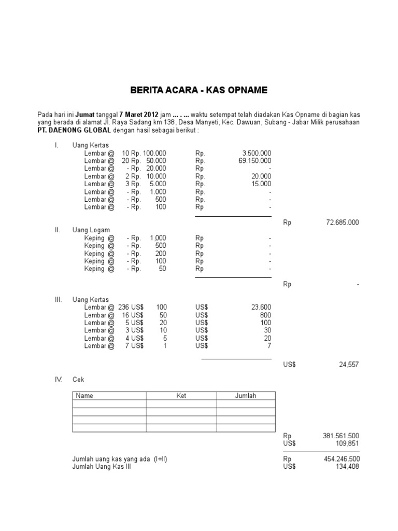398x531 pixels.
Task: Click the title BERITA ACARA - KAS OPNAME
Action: tap(198, 90)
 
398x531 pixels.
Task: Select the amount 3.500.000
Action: tap(257, 153)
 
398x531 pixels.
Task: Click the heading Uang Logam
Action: tap(91, 230)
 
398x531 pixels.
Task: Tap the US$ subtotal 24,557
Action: tap(349, 365)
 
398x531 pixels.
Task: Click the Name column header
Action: tap(84, 396)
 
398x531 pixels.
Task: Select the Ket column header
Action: tap(181, 396)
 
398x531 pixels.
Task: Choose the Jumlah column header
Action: tap(246, 396)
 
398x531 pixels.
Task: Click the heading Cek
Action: tap(78, 380)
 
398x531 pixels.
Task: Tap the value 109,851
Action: tap(346, 443)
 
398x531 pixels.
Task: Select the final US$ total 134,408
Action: tap(346, 467)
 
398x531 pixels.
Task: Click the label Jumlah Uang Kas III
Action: tap(102, 467)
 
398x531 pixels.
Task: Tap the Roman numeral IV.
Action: tap(59, 380)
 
